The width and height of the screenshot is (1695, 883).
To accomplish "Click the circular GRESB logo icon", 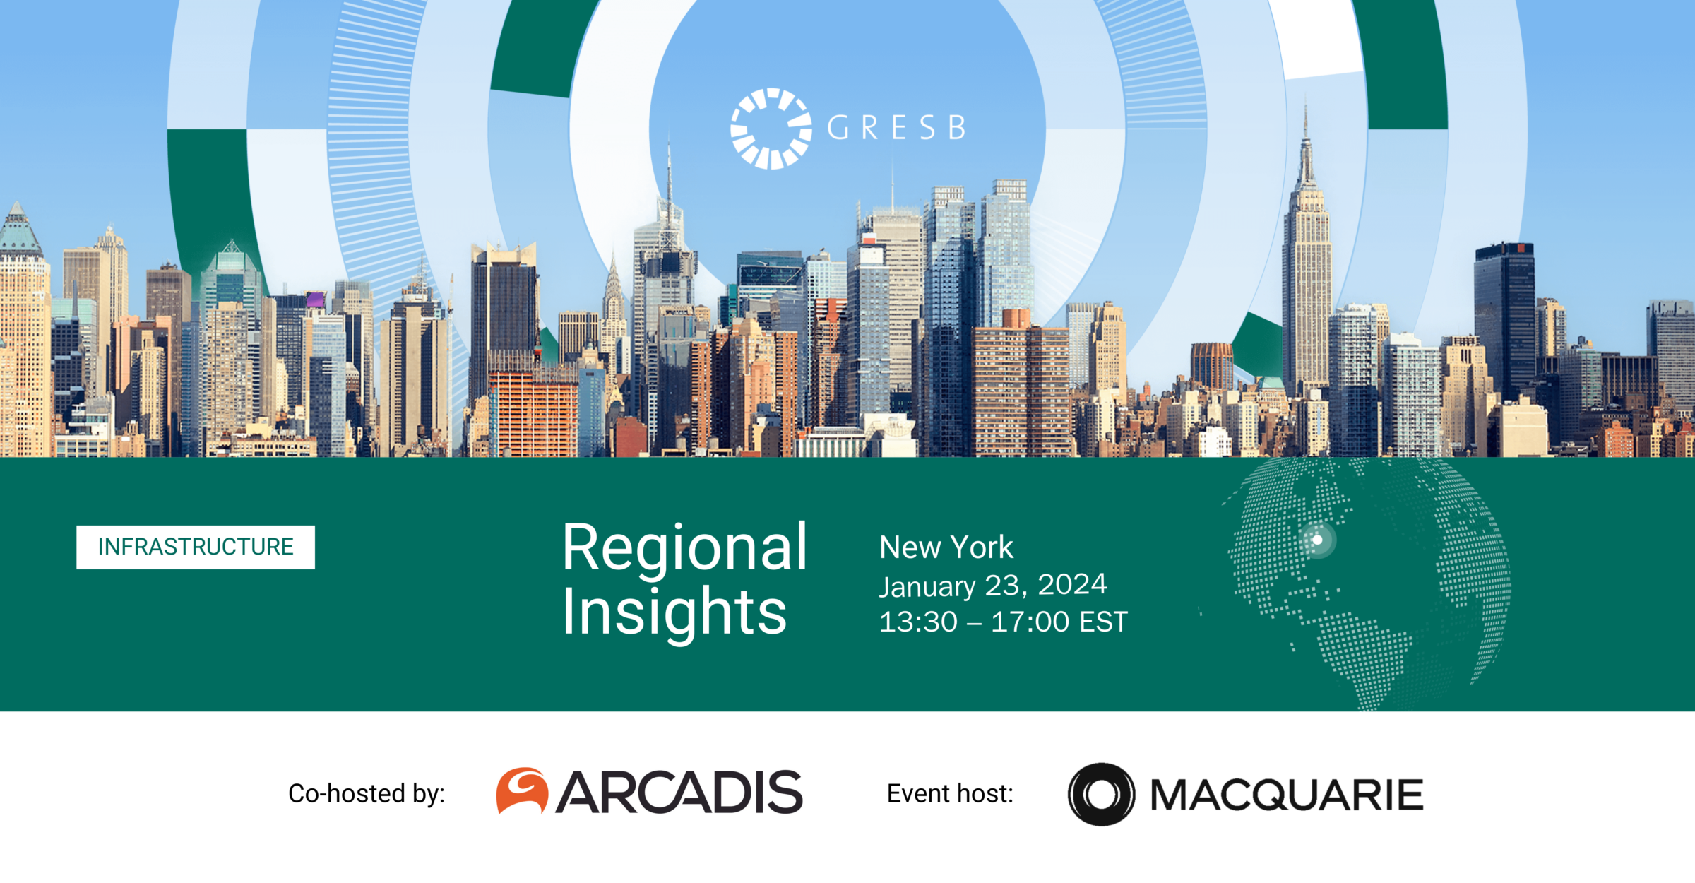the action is point(771,129).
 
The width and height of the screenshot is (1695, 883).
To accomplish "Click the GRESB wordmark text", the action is point(896,128).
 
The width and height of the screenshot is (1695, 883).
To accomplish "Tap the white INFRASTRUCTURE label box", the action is point(196,547).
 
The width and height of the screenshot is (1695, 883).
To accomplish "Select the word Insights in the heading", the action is point(674,612).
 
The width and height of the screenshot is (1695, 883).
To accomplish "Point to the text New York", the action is point(946,547).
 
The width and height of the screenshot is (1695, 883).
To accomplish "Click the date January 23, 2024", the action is point(992,586).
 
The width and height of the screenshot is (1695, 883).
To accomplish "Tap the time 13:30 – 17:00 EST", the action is point(1003,622).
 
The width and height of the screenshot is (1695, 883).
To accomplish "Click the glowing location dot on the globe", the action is point(1317,540).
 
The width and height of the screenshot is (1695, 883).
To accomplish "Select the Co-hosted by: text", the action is point(367,793).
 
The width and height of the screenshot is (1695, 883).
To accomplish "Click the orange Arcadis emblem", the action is point(522,790).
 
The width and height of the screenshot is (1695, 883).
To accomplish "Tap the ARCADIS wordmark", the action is point(679,792).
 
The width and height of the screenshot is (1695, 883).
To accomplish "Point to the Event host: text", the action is point(950,793).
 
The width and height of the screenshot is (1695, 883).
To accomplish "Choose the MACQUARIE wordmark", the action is point(1287,795).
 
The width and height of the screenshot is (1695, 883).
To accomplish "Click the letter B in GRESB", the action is point(957,128).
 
